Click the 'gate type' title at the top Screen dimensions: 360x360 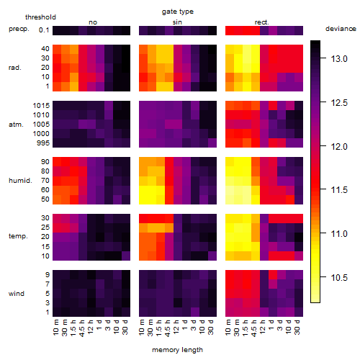pos(178,12)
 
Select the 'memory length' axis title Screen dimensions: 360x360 pos(177,350)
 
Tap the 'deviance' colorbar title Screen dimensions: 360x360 pos(341,29)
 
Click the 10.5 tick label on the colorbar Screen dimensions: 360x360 pos(339,277)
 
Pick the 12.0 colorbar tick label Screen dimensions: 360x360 pos(339,146)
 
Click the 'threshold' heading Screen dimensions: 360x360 pos(40,17)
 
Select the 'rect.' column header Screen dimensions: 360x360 pos(262,22)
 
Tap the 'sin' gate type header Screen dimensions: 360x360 pos(177,22)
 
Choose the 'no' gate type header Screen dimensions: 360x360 pos(93,22)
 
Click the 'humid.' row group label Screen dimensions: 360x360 pos(20,181)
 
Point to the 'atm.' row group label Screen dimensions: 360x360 pos(16,125)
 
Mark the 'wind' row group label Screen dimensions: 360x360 pos(17,294)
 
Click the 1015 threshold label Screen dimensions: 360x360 pos(41,106)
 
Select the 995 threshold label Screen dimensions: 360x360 pos(43,143)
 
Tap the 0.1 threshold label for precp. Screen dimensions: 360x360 pos(44,30)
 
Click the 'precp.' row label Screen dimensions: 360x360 pos(19,29)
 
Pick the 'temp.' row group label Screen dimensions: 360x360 pos(18,236)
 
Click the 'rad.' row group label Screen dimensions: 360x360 pos(15,68)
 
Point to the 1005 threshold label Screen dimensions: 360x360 pos(41,125)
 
